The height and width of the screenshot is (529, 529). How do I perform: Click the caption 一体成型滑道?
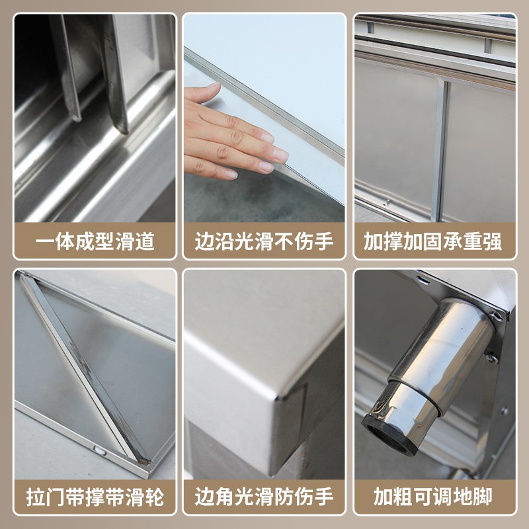pyautogui.click(x=95, y=241)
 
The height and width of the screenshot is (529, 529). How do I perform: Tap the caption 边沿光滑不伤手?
pyautogui.click(x=264, y=241)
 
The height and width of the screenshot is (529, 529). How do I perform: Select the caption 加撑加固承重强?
pyautogui.click(x=433, y=241)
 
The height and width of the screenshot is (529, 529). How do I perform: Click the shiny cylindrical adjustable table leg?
pyautogui.click(x=433, y=370)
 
